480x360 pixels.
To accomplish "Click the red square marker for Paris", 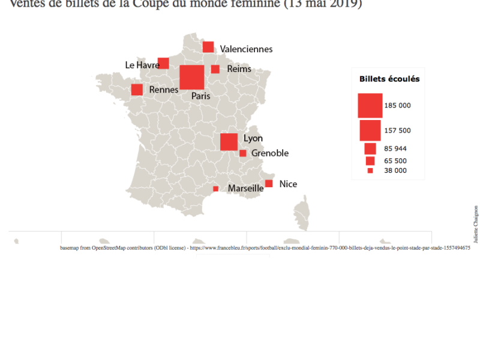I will coord(192,77).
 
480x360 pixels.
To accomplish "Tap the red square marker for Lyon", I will coord(229,142).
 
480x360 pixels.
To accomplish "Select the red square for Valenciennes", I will coord(208,47).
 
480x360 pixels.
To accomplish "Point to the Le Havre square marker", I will coord(163,64).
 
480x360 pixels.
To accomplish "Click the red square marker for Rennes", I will coord(137,90).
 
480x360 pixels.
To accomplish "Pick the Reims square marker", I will coord(215,69).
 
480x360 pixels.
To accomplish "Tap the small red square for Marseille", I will coord(215,189).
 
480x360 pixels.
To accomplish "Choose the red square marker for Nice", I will coord(269,184).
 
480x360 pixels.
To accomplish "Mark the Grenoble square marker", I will coord(243,154).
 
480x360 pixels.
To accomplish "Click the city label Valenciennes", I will coord(246,49).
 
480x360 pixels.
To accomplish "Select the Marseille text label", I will coord(245,188).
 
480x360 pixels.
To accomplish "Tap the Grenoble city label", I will coord(270,154).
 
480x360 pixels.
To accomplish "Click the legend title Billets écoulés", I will coord(389,79).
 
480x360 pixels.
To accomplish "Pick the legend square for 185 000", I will coord(370,106).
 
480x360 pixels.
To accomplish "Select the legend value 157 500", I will coord(397,130).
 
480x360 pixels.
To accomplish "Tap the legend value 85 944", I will coord(395,148).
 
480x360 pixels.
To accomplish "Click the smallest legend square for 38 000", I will coord(370,171).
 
